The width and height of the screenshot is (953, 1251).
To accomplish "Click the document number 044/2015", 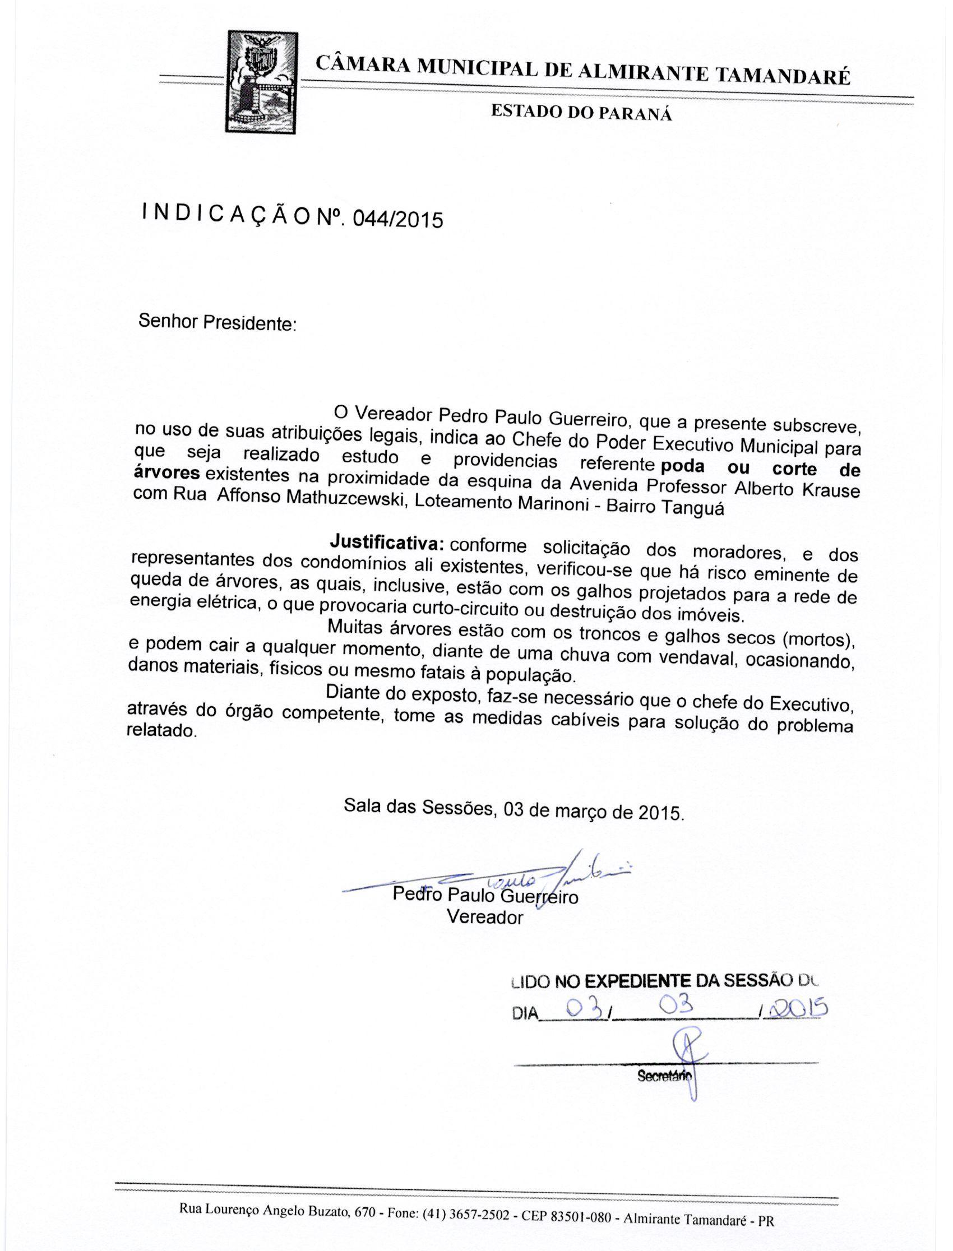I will pyautogui.click(x=397, y=219).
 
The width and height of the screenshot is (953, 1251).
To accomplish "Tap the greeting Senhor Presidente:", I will pyautogui.click(x=218, y=323).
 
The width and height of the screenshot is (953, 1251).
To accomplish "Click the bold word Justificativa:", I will pyautogui.click(x=386, y=542).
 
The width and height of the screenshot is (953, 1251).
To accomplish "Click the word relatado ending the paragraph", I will pyautogui.click(x=161, y=731).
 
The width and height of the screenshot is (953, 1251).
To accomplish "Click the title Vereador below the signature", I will pyautogui.click(x=484, y=917).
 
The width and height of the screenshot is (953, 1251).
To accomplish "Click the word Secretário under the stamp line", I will pyautogui.click(x=663, y=1075).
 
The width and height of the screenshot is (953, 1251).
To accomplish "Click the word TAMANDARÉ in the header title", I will pyautogui.click(x=783, y=75).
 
